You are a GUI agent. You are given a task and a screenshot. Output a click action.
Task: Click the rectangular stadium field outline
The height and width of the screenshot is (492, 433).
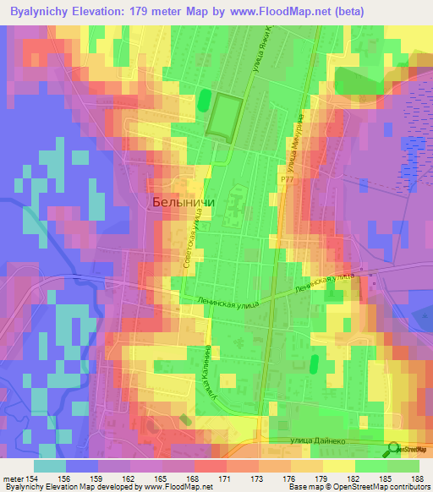click(227, 118)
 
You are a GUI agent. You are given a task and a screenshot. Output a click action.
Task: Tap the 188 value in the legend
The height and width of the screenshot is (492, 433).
click(419, 478)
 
